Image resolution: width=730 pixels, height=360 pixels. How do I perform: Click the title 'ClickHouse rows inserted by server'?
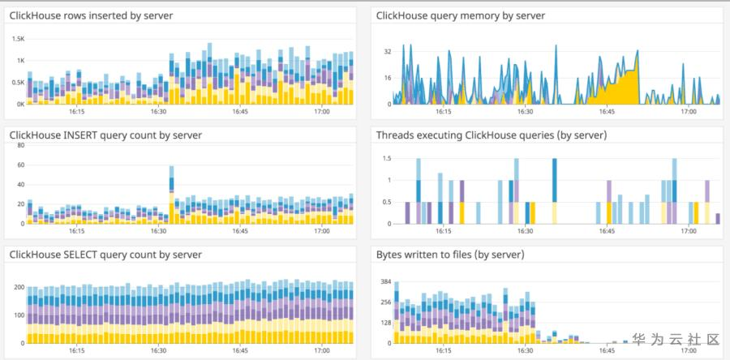point(91,15)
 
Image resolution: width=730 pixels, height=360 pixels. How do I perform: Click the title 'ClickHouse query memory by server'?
point(461,15)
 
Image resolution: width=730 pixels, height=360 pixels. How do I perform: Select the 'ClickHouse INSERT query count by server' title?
point(105,135)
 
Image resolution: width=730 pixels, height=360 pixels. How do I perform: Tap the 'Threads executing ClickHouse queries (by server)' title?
point(492,135)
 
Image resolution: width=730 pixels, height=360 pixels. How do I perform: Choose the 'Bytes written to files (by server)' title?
point(450,255)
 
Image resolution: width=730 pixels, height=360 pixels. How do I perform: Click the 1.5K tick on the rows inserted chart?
point(18,39)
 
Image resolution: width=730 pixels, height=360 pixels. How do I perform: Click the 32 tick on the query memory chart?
point(388,51)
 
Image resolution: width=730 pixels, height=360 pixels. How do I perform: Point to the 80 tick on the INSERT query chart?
point(20,146)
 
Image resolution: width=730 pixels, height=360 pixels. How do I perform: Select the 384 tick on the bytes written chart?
point(386,281)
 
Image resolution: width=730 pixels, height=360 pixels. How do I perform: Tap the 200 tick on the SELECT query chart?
point(18,288)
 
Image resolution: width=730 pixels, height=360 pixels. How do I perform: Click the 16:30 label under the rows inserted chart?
point(158,112)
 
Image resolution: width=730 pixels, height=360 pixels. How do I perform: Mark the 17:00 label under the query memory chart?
point(688,112)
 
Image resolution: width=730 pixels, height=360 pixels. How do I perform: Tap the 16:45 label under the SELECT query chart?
point(240,351)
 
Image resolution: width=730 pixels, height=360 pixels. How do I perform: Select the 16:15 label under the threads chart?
point(443,231)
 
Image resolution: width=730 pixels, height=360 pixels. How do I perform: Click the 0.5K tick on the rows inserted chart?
point(18,82)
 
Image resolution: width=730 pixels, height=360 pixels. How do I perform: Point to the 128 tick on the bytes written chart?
point(386,322)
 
